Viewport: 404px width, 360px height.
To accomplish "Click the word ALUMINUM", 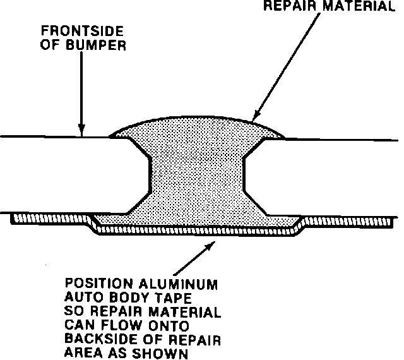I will (184, 284).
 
